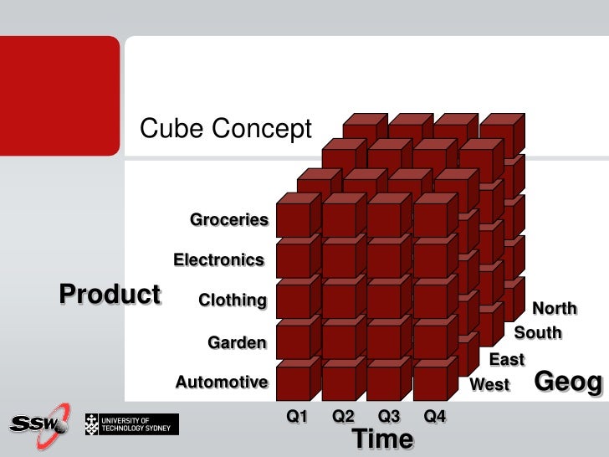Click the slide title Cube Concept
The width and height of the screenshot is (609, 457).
click(225, 129)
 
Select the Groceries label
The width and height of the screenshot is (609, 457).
click(228, 220)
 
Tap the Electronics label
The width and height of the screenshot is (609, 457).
click(218, 260)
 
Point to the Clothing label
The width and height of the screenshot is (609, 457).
click(232, 300)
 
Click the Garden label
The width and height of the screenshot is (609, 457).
click(237, 342)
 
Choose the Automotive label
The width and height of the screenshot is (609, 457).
click(221, 383)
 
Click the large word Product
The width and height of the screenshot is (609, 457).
click(110, 295)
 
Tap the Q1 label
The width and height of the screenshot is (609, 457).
click(298, 416)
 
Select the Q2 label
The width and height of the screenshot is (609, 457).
click(344, 416)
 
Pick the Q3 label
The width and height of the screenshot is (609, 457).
click(389, 416)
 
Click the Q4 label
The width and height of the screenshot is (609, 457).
click(435, 416)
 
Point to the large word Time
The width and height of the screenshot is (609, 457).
click(382, 439)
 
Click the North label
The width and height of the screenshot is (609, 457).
click(554, 309)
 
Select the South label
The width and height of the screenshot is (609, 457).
click(537, 333)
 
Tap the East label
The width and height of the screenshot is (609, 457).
click(506, 360)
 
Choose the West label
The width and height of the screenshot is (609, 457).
click(489, 385)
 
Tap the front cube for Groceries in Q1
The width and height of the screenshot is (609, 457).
click(293, 221)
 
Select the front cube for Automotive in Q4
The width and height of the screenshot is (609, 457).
click(430, 383)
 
